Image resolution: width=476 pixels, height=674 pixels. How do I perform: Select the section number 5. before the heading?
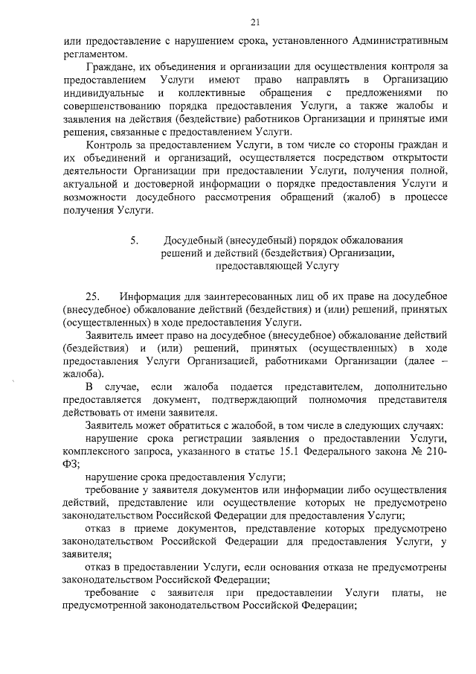134,241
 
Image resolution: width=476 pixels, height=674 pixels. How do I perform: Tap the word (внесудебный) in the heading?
263,241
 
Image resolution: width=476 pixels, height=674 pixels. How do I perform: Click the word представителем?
323,387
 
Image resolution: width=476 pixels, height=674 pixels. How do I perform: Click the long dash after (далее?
444,361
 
